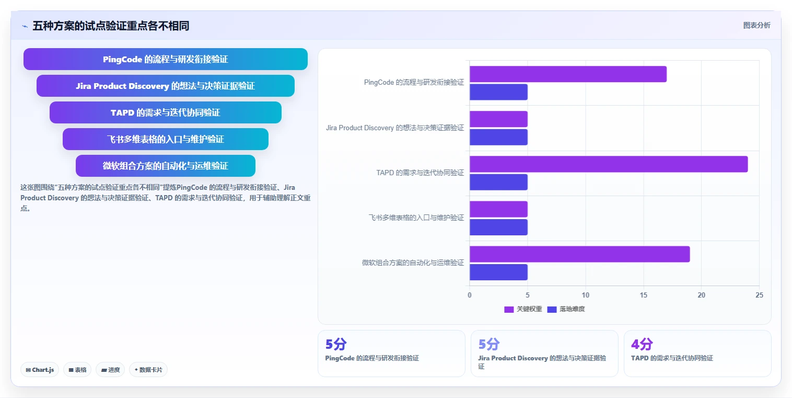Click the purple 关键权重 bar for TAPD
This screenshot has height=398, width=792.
tap(609, 164)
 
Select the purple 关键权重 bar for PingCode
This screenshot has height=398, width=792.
tap(568, 74)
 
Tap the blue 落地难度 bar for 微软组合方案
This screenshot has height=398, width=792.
tap(498, 272)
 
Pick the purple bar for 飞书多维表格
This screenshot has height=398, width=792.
tap(498, 209)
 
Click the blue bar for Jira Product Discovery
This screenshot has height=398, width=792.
tap(498, 137)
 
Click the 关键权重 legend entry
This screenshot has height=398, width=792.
tap(523, 309)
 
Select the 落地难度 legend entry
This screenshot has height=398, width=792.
tap(566, 309)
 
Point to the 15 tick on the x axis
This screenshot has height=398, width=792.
tap(644, 295)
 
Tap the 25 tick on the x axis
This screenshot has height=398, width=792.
tap(759, 295)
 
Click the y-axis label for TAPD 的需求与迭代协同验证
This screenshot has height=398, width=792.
tap(420, 173)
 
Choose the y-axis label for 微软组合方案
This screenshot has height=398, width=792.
tap(413, 263)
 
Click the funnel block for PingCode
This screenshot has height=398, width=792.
tap(166, 59)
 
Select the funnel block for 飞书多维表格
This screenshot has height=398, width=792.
tap(166, 139)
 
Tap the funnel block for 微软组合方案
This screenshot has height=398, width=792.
tap(166, 166)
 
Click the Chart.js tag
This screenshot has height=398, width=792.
tap(40, 370)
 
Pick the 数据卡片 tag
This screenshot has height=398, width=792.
tap(148, 370)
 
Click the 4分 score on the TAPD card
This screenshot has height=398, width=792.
tap(642, 344)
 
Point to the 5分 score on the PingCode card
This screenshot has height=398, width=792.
tap(336, 344)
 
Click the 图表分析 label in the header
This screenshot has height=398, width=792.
tap(756, 25)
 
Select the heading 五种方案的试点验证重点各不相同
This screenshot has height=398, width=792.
tap(111, 26)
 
